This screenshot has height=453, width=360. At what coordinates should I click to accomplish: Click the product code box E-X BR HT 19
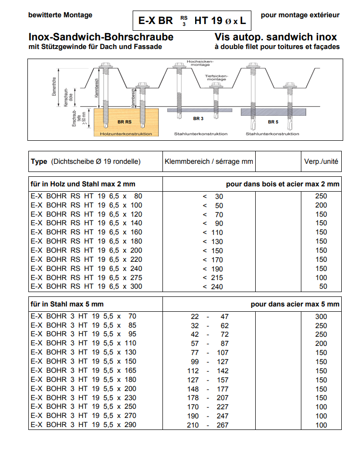click(x=192, y=21)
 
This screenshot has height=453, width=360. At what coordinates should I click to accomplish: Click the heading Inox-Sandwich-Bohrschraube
click(x=101, y=37)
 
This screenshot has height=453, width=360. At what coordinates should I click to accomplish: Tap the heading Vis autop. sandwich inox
click(x=276, y=37)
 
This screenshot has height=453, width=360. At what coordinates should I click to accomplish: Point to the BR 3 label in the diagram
click(x=199, y=118)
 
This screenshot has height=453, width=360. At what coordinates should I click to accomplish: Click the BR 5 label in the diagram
click(x=273, y=122)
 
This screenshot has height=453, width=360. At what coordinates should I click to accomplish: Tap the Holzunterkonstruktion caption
click(x=126, y=134)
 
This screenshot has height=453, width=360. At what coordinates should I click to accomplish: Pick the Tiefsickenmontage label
click(x=217, y=77)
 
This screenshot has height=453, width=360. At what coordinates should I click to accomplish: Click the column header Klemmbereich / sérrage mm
click(x=209, y=161)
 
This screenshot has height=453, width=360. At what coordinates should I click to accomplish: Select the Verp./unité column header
click(x=321, y=161)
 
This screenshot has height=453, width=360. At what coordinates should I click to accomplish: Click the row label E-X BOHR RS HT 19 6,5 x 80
click(x=87, y=196)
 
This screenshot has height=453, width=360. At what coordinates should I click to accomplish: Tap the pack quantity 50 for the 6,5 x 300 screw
click(x=323, y=286)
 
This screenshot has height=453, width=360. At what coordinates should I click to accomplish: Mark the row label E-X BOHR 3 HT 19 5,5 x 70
click(x=84, y=316)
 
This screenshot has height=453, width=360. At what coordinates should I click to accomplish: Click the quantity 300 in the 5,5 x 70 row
click(x=321, y=317)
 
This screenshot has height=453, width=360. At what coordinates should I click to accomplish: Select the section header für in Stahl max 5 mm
click(x=67, y=304)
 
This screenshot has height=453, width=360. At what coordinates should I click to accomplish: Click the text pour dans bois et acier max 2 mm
click(x=283, y=184)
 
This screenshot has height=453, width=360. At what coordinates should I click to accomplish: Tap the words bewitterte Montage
click(x=61, y=15)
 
